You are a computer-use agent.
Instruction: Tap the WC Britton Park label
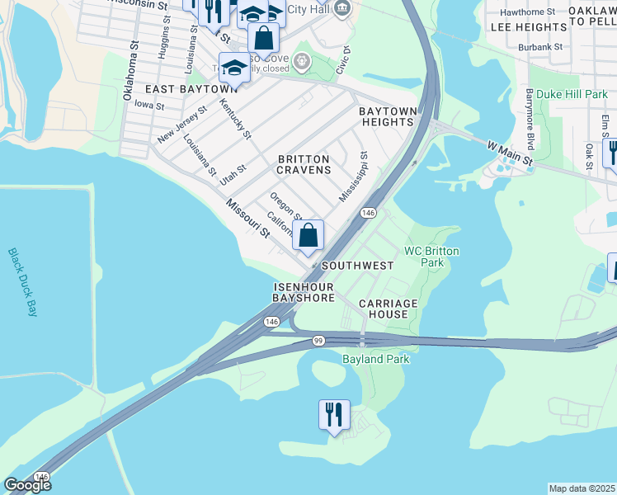pyautogui.click(x=431, y=257)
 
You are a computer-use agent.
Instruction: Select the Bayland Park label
pyautogui.click(x=375, y=359)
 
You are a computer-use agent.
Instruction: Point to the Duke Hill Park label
pyautogui.click(x=572, y=95)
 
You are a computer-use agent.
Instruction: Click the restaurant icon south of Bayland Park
pyautogui.click(x=334, y=414)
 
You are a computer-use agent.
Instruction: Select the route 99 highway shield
pyautogui.click(x=318, y=340)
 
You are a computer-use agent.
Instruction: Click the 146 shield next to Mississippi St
pyautogui.click(x=368, y=213)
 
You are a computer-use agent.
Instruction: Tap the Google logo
pyautogui.click(x=27, y=485)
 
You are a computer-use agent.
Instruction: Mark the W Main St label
pyautogui.click(x=510, y=154)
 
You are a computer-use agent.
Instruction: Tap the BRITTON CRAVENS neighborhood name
pyautogui.click(x=304, y=164)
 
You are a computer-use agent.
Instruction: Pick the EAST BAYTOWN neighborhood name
pyautogui.click(x=191, y=89)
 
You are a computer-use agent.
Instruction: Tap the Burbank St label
pyautogui.click(x=540, y=47)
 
